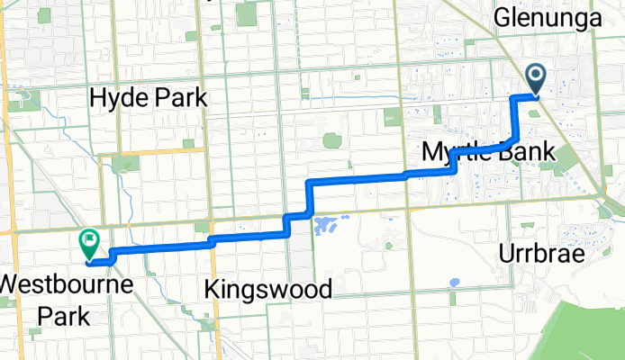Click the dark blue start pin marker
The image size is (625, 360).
click(x=534, y=79)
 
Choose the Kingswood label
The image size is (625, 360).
click(x=268, y=289)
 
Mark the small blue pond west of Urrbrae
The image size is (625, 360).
click(x=452, y=282)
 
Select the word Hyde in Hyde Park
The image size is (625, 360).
click(x=115, y=97)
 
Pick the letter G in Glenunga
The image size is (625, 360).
click(x=502, y=17)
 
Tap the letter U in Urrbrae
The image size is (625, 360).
click(x=506, y=254)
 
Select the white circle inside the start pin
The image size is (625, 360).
click(x=534, y=76)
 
